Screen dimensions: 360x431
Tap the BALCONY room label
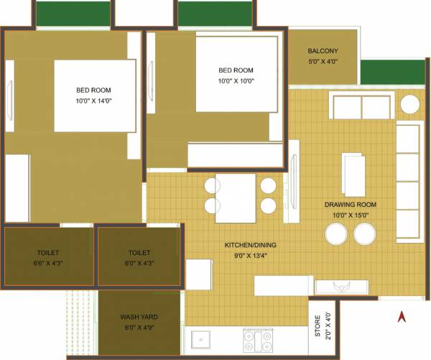[323, 51]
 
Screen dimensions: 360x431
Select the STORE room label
[318, 325]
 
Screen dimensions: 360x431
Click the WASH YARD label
[139, 317]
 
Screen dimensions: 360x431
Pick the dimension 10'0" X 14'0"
[94, 101]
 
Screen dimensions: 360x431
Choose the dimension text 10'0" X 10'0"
[236, 81]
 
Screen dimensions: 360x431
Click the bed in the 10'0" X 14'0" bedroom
[94, 96]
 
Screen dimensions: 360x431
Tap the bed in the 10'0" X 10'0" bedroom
[236, 74]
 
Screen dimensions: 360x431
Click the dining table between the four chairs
[236, 197]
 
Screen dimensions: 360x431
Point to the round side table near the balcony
[410, 105]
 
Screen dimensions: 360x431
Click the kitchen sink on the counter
[200, 336]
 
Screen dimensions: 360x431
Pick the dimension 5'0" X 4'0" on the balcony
[323, 61]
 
